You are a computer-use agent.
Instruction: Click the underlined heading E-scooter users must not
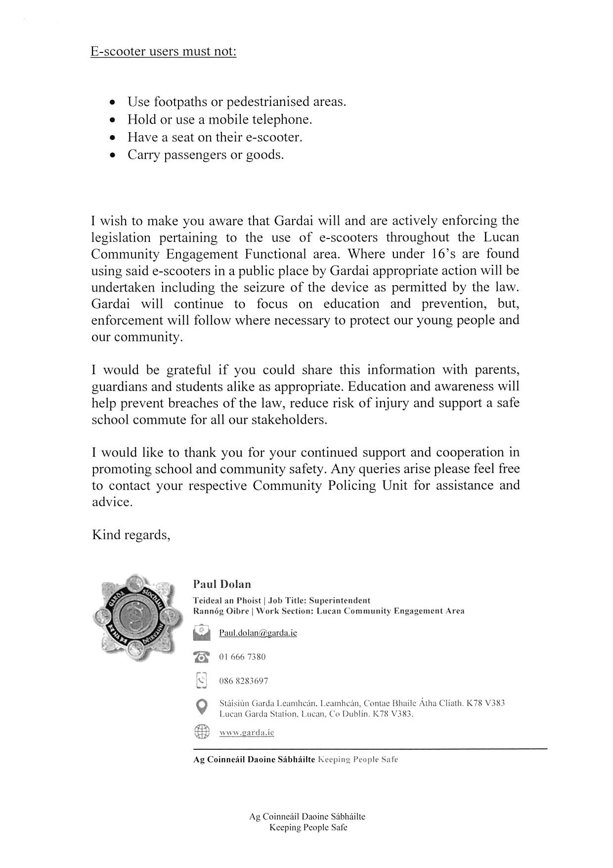point(163,51)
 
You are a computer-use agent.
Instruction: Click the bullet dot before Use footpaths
point(114,102)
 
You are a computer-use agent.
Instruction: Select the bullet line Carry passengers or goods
point(206,155)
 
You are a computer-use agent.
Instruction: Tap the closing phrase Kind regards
point(131,535)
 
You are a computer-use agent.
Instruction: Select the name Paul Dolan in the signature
point(222,584)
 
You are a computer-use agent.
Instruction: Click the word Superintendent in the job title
point(340,601)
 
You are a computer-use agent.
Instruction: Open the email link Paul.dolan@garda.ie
point(258,633)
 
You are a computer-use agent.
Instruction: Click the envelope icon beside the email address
point(202,633)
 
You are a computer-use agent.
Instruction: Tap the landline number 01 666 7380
point(242,657)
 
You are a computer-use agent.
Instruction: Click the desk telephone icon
point(202,657)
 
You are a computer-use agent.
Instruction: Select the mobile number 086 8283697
point(244,681)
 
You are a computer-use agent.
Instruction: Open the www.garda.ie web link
point(247,732)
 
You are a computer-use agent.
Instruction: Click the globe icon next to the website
point(202,731)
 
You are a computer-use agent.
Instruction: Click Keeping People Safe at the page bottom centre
point(308,827)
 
